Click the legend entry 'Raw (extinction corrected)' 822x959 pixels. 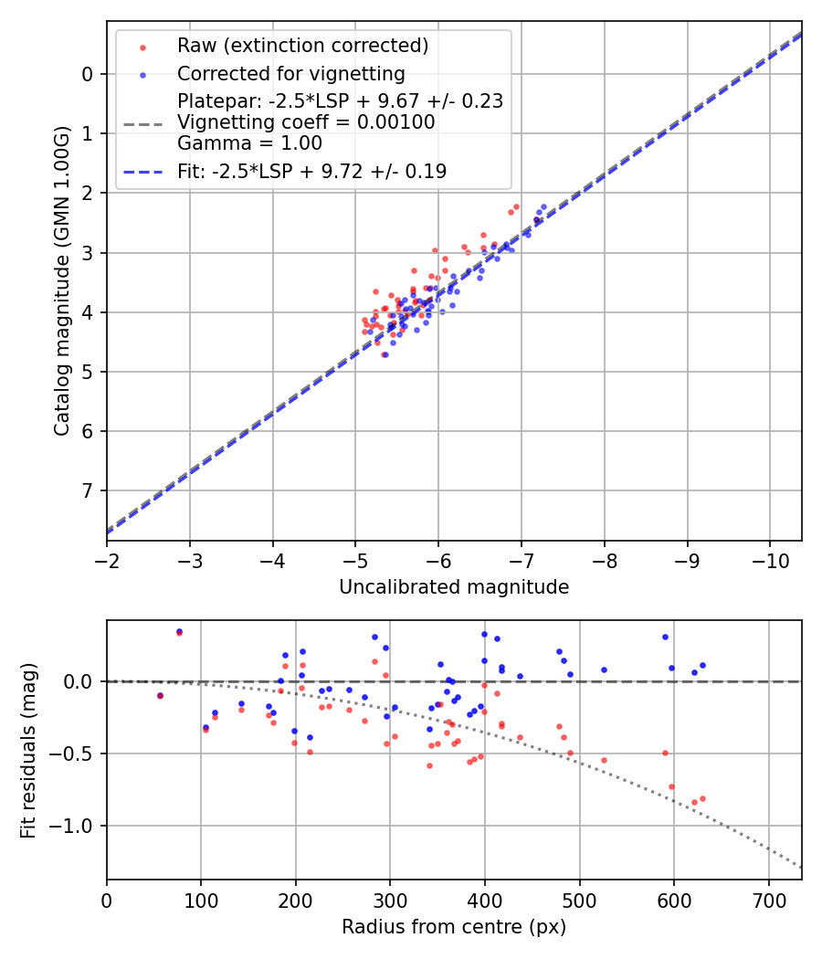click(302, 46)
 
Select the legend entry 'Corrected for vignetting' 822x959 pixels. click(291, 73)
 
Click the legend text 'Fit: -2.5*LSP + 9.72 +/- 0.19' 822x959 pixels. click(311, 171)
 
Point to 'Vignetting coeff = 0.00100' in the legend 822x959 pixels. click(306, 122)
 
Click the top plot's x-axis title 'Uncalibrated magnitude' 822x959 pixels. click(454, 587)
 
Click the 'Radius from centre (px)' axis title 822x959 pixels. click(454, 927)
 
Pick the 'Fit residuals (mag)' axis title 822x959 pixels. click(28, 750)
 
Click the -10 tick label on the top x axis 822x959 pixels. click(769, 557)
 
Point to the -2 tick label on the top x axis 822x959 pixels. click(107, 557)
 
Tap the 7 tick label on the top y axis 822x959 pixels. click(88, 490)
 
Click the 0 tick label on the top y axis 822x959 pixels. click(88, 74)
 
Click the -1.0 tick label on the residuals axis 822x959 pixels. click(77, 826)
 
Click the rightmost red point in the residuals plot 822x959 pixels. click(702, 798)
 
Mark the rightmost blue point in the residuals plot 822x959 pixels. click(702, 666)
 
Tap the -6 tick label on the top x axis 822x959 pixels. click(438, 557)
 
